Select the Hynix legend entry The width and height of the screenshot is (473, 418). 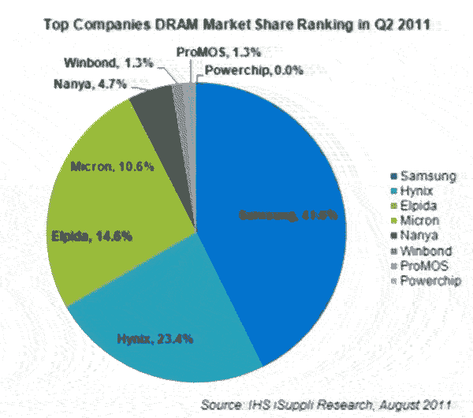(418, 189)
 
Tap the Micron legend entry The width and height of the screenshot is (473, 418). (420, 219)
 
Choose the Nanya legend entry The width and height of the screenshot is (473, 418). (419, 234)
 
